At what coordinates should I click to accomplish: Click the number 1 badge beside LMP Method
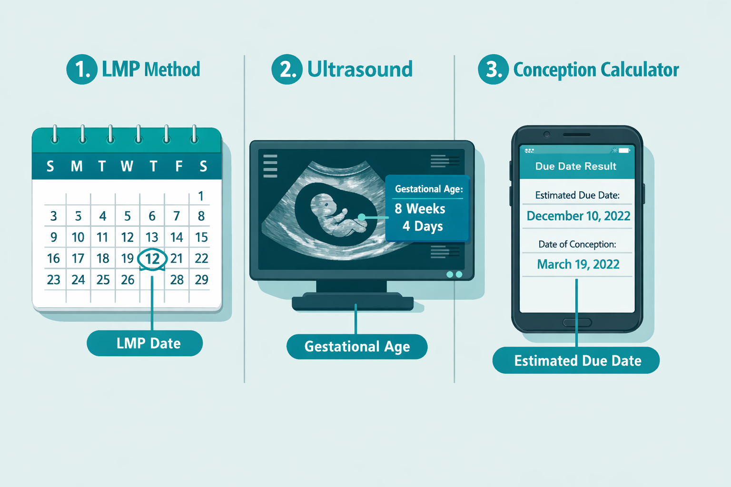82,69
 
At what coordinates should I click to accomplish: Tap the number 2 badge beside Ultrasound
287,69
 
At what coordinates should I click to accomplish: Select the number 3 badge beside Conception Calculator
494,69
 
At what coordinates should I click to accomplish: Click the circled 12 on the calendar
152,259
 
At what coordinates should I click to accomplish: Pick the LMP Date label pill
145,343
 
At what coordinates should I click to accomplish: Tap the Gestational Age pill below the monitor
357,347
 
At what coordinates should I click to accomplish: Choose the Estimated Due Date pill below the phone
576,360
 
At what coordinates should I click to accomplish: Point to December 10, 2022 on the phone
578,216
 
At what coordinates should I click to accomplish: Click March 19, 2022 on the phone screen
578,264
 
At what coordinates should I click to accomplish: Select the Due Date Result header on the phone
576,166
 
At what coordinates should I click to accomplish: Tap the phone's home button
577,322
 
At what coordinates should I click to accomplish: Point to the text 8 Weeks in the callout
420,209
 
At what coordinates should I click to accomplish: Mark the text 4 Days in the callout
423,226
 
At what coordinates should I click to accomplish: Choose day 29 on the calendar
201,280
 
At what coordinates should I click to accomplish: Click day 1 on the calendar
201,196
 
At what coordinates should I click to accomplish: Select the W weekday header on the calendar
127,166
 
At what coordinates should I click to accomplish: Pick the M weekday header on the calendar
77,166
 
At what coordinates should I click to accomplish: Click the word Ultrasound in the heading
360,69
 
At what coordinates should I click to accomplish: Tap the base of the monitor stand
352,302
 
